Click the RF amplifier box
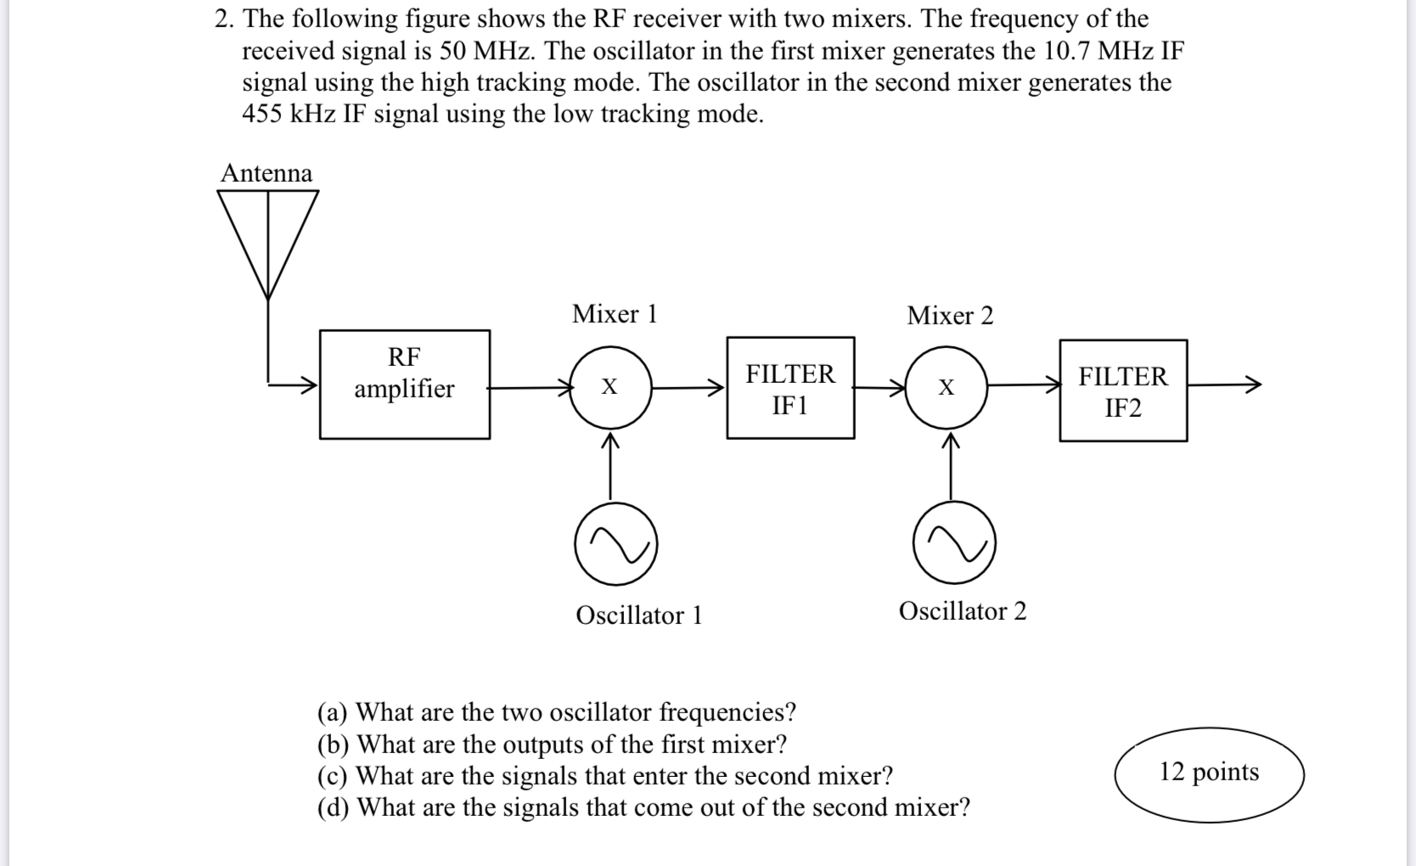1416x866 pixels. click(404, 385)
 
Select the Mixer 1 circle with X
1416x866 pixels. click(610, 387)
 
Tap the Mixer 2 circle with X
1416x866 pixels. click(947, 387)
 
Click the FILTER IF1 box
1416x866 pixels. click(790, 388)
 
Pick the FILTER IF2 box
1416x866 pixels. click(1123, 391)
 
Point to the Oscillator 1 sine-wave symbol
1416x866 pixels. click(615, 544)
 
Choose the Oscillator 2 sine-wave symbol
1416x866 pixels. click(954, 543)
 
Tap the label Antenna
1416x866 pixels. click(267, 173)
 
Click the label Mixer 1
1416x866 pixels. click(615, 314)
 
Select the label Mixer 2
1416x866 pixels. click(950, 316)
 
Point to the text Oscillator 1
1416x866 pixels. click(639, 615)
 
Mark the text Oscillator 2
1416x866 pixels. click(963, 611)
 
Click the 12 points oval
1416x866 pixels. click(1209, 773)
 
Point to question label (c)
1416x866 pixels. click(333, 776)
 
